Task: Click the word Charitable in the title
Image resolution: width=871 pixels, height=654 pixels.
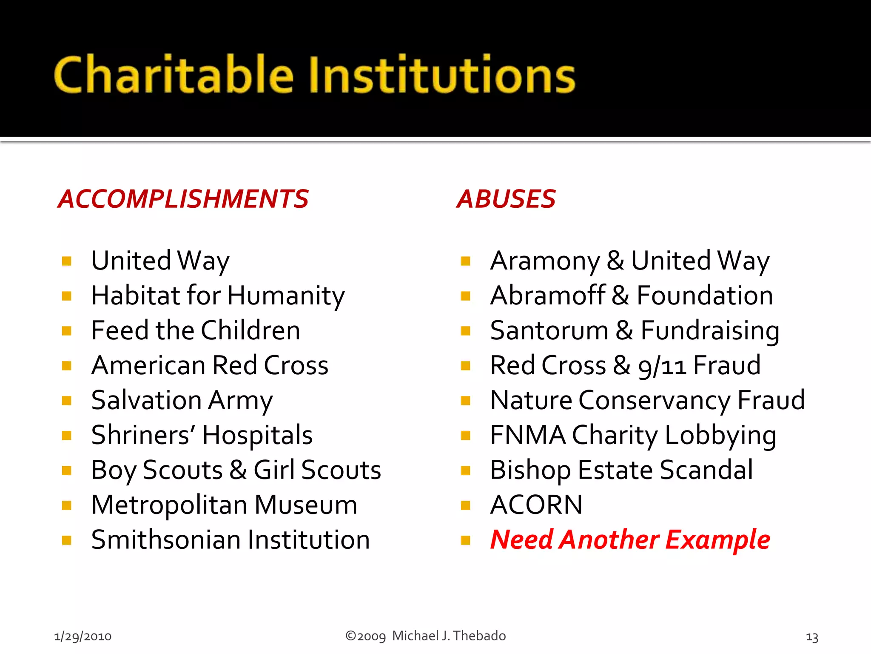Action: pos(174,75)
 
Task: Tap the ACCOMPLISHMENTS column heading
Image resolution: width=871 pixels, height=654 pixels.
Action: pos(183,199)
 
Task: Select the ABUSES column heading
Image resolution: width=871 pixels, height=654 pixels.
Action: pos(506,199)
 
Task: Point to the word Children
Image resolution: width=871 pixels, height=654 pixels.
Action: pos(250,330)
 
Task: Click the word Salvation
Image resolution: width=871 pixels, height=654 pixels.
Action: pos(146,400)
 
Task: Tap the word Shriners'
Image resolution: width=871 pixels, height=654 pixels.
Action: pos(143,435)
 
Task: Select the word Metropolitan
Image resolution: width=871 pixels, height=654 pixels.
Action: pos(169,505)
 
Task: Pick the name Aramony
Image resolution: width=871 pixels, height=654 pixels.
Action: pos(545,261)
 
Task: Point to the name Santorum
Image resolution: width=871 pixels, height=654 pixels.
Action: pos(549,330)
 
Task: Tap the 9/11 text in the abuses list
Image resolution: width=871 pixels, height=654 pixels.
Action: pos(662,366)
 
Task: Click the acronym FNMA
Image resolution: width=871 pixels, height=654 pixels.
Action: pos(527,435)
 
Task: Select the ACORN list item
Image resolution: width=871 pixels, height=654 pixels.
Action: pos(536,505)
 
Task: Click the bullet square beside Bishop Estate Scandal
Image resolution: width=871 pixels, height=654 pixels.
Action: pos(466,470)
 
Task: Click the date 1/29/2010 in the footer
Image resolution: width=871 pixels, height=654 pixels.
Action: pos(83,636)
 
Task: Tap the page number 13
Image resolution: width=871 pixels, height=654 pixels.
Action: pos(812,637)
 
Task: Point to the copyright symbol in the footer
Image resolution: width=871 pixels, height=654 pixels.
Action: pos(350,636)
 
